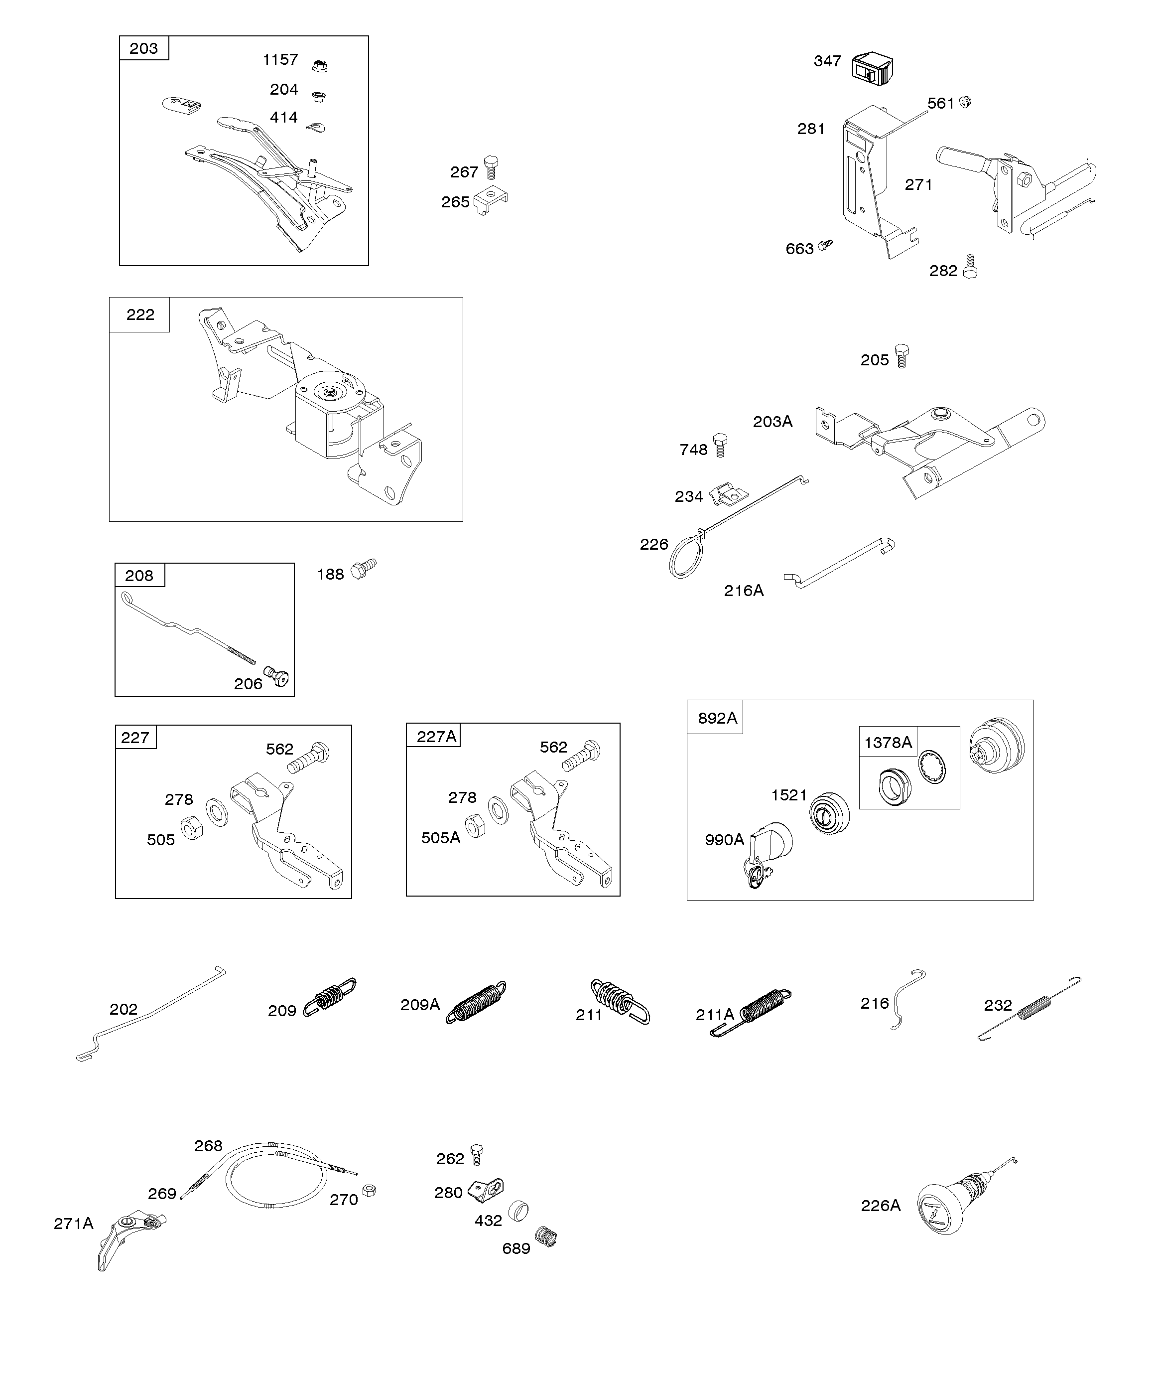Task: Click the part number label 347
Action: pos(827,61)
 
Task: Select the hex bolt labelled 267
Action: pos(491,167)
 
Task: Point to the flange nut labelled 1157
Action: pos(320,65)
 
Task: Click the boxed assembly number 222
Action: pos(140,315)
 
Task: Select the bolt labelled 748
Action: pos(720,445)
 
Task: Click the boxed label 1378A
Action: pos(888,743)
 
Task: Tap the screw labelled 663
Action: pos(825,245)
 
